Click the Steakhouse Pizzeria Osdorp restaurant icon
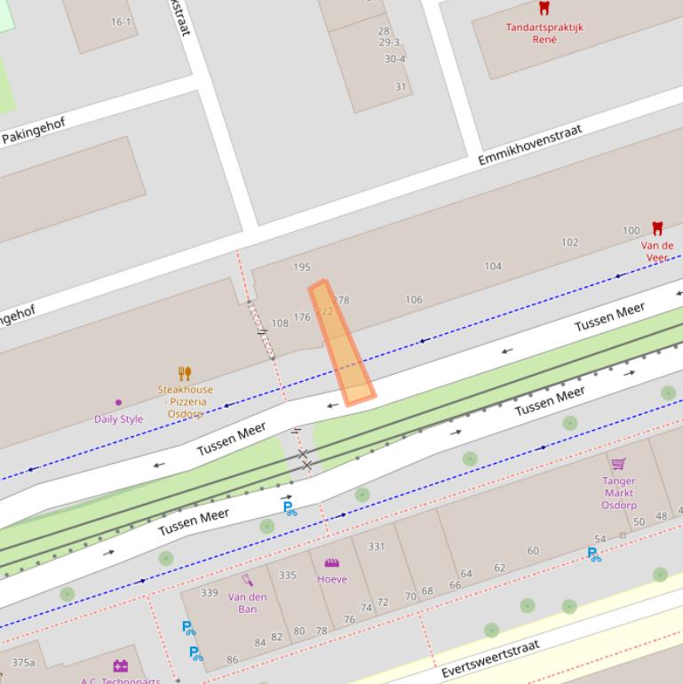[185, 374]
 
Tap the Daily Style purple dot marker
[118, 402]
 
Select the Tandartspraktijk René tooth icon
[544, 9]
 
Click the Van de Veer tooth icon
[657, 229]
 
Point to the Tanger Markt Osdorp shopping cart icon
[618, 464]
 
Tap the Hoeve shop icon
[331, 563]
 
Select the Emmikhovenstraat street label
[529, 145]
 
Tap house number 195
[301, 267]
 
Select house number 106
[414, 299]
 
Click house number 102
[569, 243]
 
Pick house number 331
[377, 547]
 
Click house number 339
[210, 593]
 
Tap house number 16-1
[121, 22]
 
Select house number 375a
[23, 663]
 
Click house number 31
[401, 87]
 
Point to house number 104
[492, 266]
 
